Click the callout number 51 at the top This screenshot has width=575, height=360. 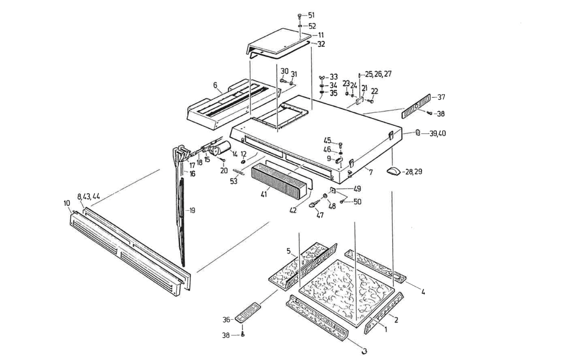(311, 15)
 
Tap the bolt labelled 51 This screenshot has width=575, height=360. (300, 16)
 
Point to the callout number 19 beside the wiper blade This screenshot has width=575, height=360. (191, 210)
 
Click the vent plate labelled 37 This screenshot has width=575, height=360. (416, 106)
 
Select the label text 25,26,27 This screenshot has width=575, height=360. (378, 74)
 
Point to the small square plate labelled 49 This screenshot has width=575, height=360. (333, 190)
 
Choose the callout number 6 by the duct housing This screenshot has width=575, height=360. (215, 85)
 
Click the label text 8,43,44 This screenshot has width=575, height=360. (88, 196)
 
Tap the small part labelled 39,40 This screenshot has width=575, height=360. (418, 133)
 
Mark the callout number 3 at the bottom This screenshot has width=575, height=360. (364, 351)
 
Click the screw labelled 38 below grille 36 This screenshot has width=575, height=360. (243, 334)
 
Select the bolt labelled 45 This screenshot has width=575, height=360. (340, 144)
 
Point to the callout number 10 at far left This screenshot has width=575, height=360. (67, 203)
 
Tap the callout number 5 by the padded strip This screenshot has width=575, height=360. (288, 250)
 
